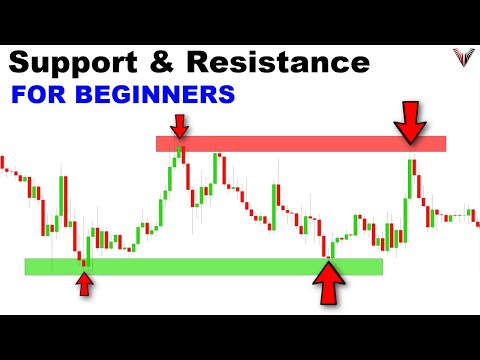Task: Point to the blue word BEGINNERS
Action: coord(166,98)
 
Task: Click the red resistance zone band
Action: coord(300,143)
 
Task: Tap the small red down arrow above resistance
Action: coord(179,126)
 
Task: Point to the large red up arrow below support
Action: coord(328,283)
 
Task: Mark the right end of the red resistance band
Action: coord(443,143)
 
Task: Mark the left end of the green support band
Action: coord(28,266)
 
